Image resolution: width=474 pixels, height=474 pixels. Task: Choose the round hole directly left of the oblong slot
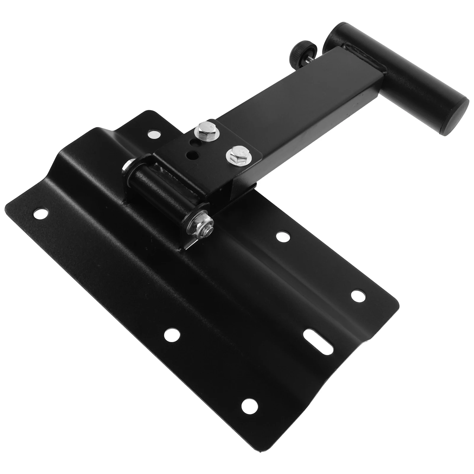(172, 335)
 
